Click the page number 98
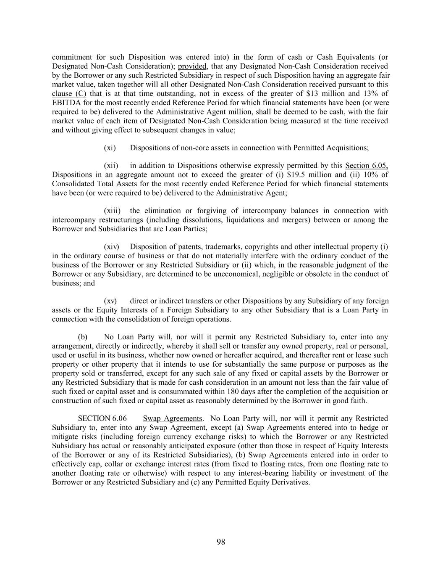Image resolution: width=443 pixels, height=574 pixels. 221,542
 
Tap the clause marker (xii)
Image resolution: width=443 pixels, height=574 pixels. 111,166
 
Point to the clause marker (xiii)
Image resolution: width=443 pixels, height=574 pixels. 112,211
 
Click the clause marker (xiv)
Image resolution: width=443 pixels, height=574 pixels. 112,247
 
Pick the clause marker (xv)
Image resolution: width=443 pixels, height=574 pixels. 110,301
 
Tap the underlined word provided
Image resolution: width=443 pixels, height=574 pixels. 192,66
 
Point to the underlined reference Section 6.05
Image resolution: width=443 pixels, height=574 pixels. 366,166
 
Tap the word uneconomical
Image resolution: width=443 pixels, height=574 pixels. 261,274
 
